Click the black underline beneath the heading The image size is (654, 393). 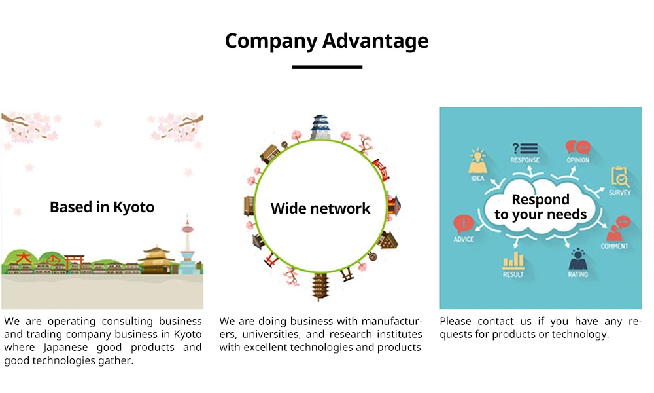(x=327, y=67)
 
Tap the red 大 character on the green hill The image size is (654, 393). (x=24, y=258)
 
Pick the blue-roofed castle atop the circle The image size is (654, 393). (x=320, y=126)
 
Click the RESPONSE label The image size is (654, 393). (x=525, y=160)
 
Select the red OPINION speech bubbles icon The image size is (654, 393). (x=577, y=147)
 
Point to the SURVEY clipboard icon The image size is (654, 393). (x=620, y=176)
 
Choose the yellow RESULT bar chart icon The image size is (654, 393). (x=513, y=260)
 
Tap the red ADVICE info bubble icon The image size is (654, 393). (x=463, y=225)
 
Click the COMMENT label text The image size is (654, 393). (x=614, y=246)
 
